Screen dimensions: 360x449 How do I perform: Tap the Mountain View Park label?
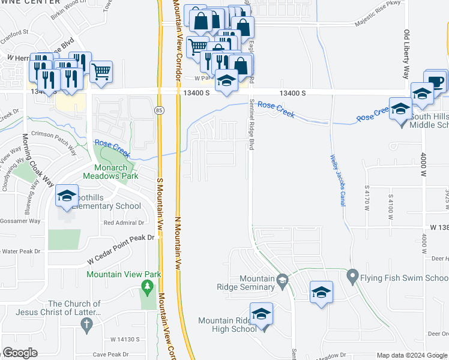point(124,274)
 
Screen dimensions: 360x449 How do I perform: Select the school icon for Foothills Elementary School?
point(67,196)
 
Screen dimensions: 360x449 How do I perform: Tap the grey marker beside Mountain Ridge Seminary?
point(282,279)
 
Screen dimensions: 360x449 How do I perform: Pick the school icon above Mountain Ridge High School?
point(261,314)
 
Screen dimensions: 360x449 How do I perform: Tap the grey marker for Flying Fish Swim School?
point(352,278)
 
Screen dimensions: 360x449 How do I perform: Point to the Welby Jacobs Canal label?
point(337,180)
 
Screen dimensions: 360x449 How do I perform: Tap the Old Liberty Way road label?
point(406,55)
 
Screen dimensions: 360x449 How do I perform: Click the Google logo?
point(20,353)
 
